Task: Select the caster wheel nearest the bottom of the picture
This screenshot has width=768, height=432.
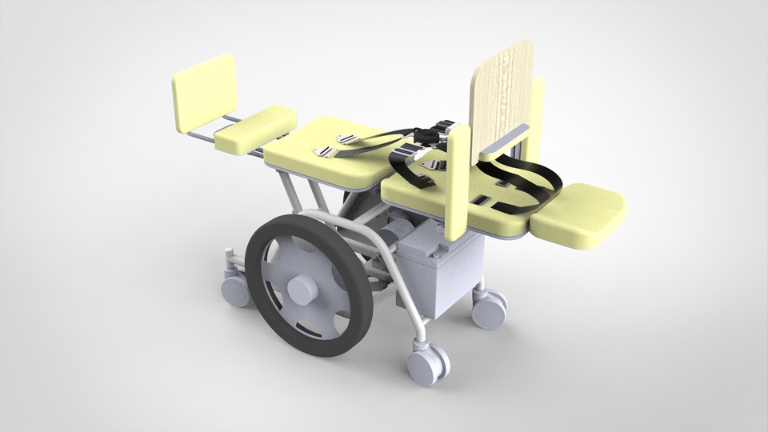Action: (427, 364)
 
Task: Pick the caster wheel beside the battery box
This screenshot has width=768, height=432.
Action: (490, 308)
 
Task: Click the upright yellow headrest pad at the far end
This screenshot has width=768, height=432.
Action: (203, 94)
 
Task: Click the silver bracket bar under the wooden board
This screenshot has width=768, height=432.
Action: (504, 140)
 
